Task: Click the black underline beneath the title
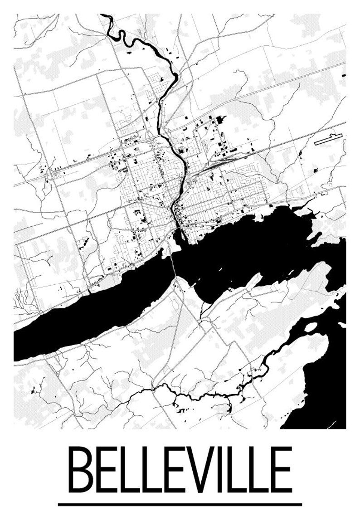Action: [180, 504]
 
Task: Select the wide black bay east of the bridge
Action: [254, 245]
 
